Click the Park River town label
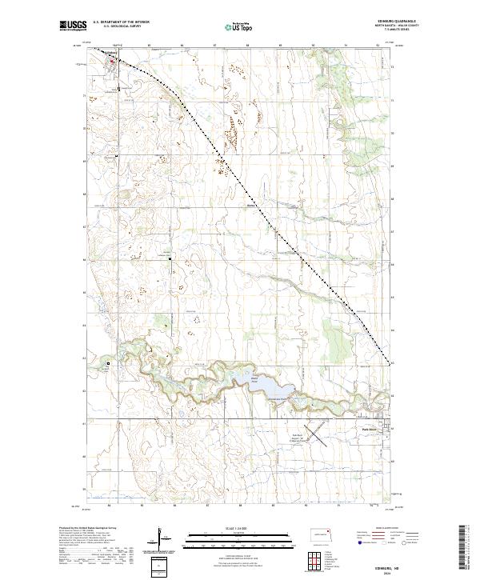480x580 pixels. pos(362,430)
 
